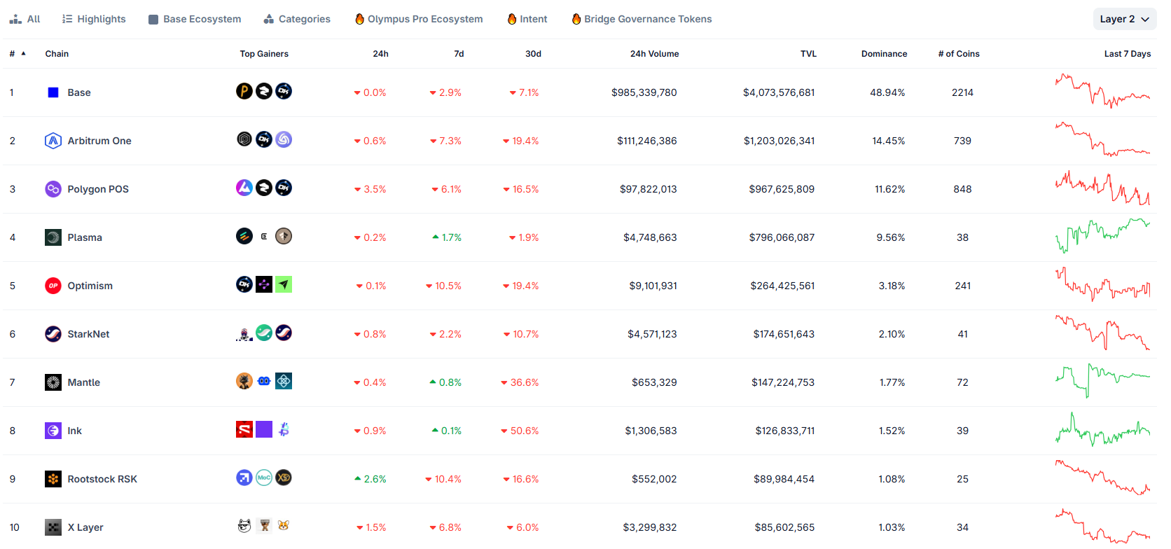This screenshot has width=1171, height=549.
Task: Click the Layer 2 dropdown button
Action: click(1125, 20)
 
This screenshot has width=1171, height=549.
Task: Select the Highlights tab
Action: click(94, 20)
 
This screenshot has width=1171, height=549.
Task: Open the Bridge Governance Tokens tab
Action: click(642, 20)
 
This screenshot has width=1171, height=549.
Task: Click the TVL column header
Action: click(808, 54)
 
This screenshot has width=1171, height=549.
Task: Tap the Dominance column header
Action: click(884, 54)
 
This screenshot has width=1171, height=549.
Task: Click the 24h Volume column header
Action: click(655, 54)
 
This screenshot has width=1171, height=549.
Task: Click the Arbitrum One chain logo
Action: click(53, 141)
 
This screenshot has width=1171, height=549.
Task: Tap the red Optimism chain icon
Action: click(53, 286)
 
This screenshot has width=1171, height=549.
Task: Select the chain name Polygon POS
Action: click(98, 189)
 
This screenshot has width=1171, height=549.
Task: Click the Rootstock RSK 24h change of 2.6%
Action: click(370, 479)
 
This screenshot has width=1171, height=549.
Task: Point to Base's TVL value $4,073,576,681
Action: click(779, 92)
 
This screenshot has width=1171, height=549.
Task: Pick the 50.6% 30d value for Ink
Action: click(520, 431)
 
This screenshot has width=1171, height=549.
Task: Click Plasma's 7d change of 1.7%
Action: click(447, 237)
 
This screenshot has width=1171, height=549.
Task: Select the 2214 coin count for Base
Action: click(962, 92)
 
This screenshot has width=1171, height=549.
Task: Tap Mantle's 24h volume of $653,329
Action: click(654, 382)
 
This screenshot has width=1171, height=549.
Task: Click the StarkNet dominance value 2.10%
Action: click(892, 334)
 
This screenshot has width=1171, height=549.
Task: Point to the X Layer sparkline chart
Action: click(1102, 526)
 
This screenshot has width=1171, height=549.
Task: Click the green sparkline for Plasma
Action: click(1102, 235)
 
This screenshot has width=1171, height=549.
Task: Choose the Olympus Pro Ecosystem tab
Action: click(419, 20)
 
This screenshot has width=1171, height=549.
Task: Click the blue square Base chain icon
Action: click(53, 92)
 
